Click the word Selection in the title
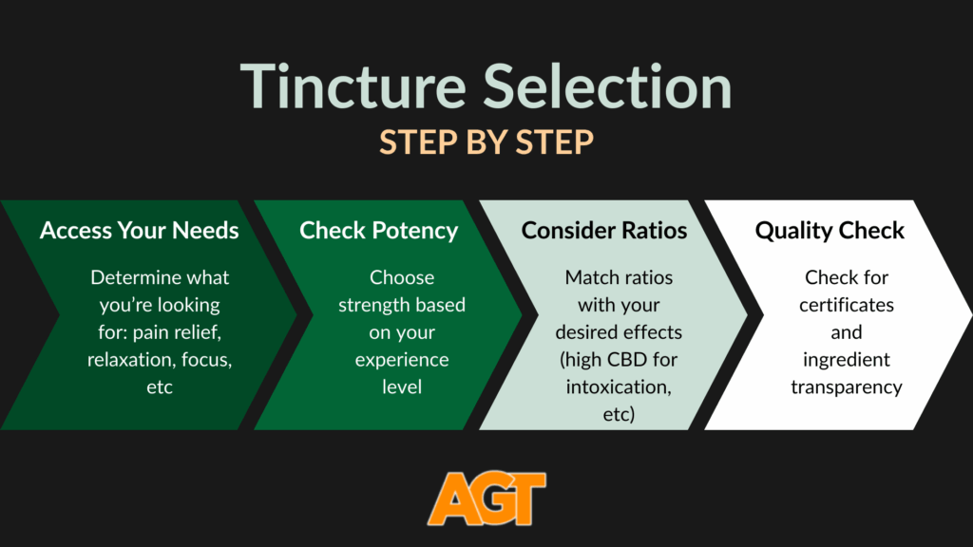pos(608,86)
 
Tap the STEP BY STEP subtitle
pos(486,141)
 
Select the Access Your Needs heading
pos(140,231)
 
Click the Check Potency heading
pos(378,231)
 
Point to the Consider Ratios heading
pos(604,231)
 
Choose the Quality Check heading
pos(830,231)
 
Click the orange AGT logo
pos(486,498)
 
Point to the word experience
pos(402,361)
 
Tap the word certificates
pos(846,306)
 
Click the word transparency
pos(846,387)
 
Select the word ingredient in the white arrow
pos(846,361)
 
